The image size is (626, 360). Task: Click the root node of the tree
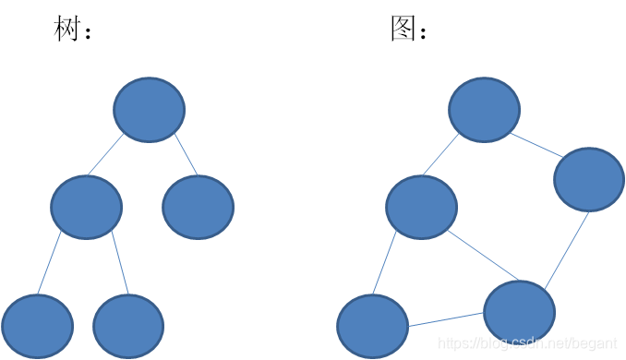(x=149, y=110)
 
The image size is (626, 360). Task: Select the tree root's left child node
(x=86, y=207)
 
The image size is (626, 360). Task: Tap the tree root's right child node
(x=198, y=207)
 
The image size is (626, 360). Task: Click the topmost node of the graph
(x=484, y=110)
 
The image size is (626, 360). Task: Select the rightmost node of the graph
(x=589, y=179)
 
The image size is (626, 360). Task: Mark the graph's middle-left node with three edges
(x=421, y=207)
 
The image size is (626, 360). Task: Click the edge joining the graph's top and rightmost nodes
(x=536, y=145)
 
